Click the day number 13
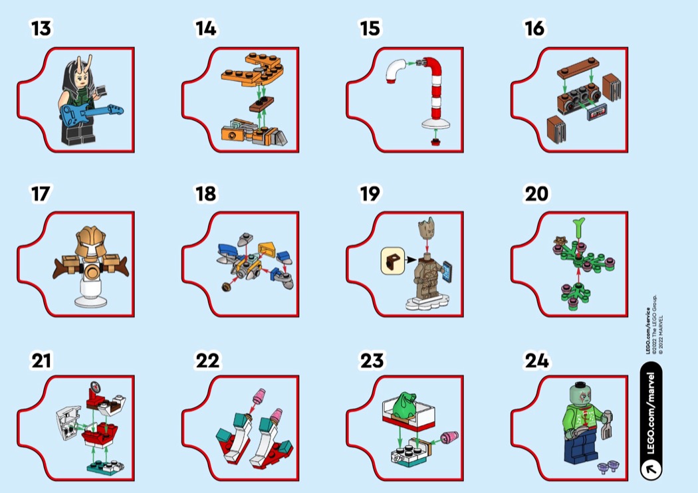point(41,28)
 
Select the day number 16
point(534,28)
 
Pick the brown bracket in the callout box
point(393,260)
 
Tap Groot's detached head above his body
point(427,227)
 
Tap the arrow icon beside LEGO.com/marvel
point(651,468)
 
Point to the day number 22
point(207,360)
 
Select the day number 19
point(370,194)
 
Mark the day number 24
point(536,360)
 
